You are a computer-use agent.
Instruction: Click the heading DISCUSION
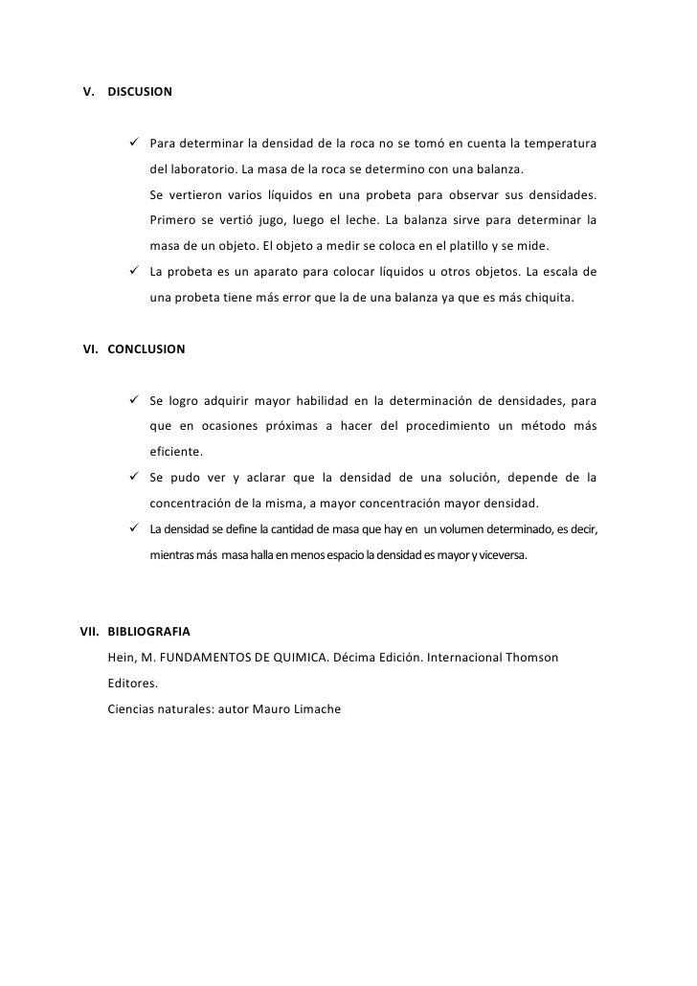140,93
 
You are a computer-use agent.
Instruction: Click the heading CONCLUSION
146,349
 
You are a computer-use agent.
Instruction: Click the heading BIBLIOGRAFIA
148,632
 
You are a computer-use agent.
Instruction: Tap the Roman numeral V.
89,93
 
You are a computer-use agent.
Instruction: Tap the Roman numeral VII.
90,632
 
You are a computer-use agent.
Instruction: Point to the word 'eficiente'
174,452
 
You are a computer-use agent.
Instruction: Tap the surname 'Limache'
307,708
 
